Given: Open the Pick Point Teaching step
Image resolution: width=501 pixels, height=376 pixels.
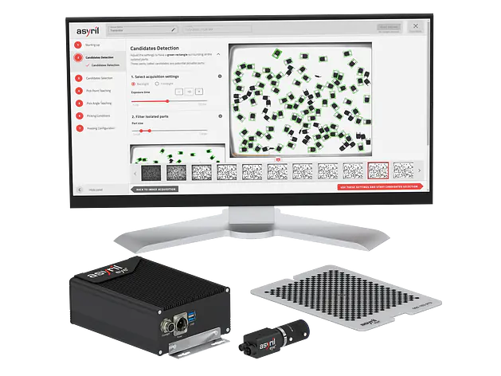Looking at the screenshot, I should click(x=97, y=91).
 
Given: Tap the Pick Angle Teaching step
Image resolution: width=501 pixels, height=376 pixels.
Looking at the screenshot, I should click(x=97, y=104).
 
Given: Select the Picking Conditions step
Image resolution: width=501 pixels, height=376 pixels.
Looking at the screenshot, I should click(x=96, y=116).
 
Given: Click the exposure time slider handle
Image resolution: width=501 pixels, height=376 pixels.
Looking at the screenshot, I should click(x=167, y=101).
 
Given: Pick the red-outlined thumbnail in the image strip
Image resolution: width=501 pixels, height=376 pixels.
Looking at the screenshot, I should click(x=378, y=170).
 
